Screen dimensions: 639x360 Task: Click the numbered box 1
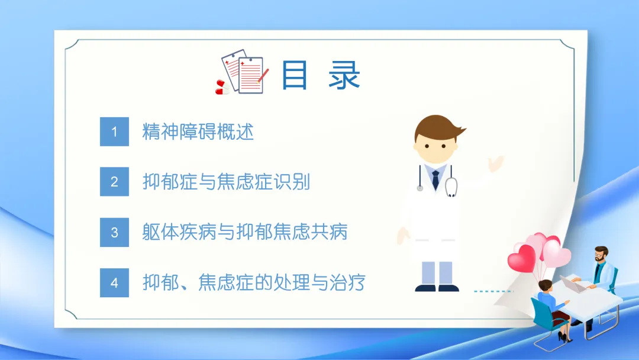coord(115,131)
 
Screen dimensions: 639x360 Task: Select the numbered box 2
coord(115,181)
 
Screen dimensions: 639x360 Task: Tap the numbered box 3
coord(115,232)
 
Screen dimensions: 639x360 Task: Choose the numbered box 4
coord(115,282)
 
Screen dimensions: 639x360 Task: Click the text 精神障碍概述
coord(198,131)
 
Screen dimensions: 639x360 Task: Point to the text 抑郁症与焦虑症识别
coord(226,182)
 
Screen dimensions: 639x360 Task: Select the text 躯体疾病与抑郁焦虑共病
coord(245,232)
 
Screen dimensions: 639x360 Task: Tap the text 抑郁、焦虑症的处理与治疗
coord(254,282)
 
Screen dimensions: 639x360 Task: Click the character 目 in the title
coord(294,75)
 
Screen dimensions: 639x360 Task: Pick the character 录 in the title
coord(344,75)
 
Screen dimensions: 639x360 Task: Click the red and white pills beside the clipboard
coord(222,87)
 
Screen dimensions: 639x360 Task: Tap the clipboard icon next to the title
coord(244,72)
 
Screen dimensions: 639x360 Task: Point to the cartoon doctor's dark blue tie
coord(435,180)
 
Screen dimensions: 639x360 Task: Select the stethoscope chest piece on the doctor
coord(451,188)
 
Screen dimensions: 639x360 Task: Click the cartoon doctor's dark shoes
coord(437,288)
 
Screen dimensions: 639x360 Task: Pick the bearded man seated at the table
coord(599,281)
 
